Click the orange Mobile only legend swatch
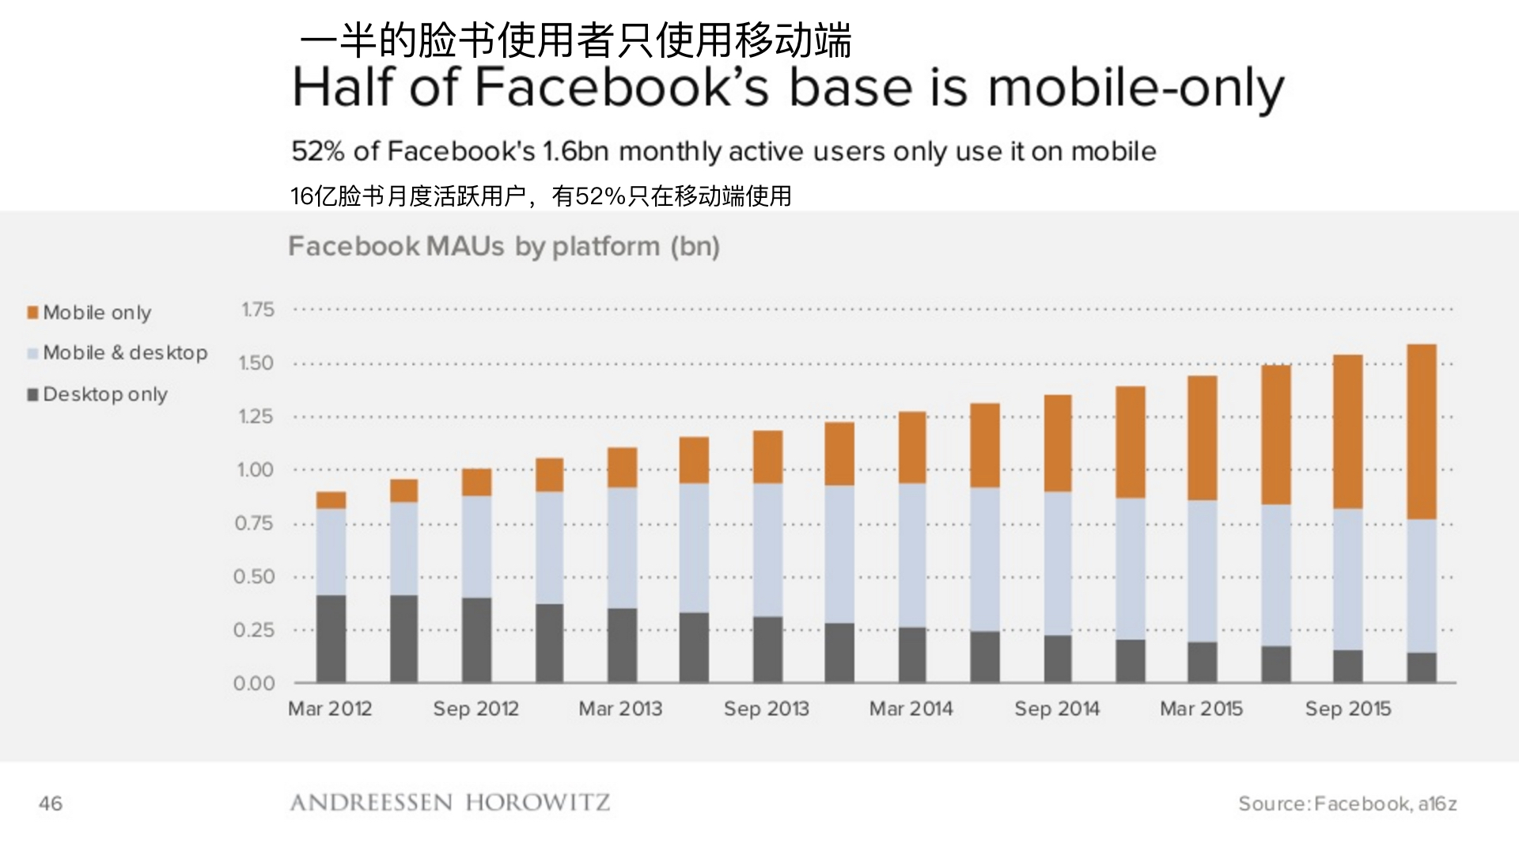click(32, 313)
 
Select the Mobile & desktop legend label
click(125, 353)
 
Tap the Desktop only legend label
click(105, 394)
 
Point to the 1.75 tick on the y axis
click(258, 310)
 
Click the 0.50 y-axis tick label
click(254, 577)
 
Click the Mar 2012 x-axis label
click(330, 709)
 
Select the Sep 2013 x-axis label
click(766, 709)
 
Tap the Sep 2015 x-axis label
click(1347, 709)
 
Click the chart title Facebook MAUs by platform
click(504, 247)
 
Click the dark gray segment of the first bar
click(331, 638)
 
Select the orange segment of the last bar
click(1421, 431)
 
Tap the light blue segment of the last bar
click(1421, 586)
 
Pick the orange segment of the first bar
click(331, 500)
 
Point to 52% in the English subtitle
click(318, 151)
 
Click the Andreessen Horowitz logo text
click(449, 803)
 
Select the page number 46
click(51, 804)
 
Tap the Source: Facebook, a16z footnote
click(1347, 804)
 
